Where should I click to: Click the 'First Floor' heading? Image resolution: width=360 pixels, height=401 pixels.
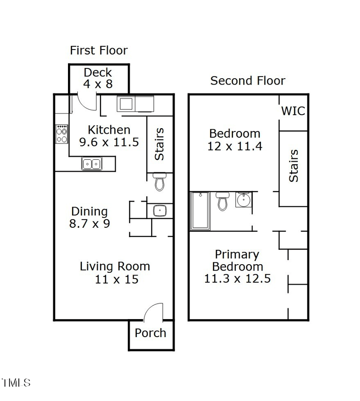99,50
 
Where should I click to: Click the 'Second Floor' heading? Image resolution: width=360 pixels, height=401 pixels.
247,81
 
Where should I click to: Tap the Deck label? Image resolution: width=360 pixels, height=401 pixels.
98,72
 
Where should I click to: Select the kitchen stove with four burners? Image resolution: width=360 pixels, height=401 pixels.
62,134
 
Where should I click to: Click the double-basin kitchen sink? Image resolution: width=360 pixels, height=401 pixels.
92,164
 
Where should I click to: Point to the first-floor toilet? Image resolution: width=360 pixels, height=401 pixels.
159,181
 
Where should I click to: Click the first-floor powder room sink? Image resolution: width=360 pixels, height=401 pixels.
160,211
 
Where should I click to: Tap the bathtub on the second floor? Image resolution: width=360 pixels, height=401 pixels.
200,211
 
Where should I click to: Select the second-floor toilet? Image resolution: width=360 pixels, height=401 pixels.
222,201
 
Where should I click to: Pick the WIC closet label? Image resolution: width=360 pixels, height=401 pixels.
293,111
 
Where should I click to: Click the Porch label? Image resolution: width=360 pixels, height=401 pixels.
150,333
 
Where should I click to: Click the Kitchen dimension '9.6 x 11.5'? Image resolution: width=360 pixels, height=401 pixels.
109,142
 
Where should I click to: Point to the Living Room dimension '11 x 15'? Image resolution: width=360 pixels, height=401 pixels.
117,279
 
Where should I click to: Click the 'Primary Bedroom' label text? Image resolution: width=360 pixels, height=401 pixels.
237,260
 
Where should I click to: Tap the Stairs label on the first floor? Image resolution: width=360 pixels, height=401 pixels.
159,144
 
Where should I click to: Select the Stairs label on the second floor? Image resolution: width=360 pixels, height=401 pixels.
293,166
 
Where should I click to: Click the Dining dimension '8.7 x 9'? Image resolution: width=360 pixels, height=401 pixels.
90,223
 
